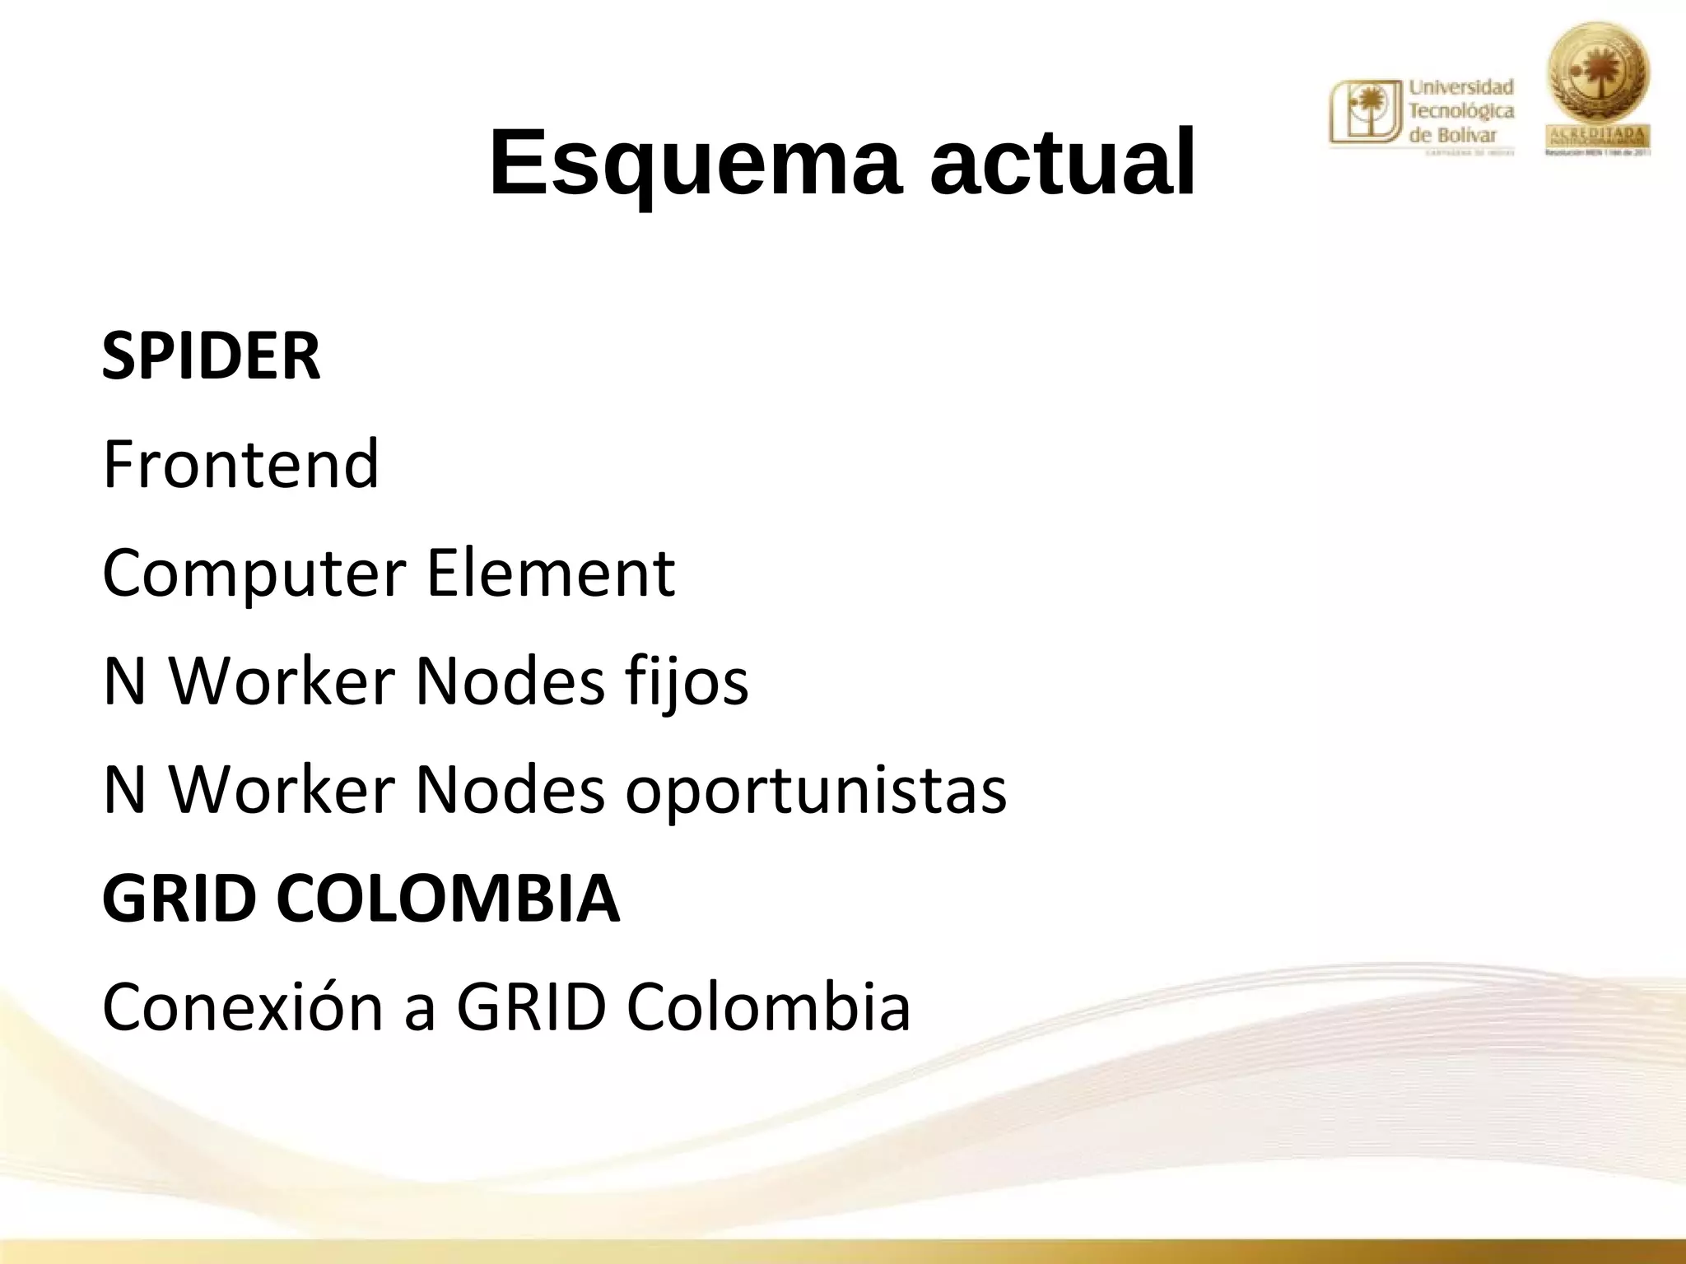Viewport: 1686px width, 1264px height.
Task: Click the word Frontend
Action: click(x=240, y=464)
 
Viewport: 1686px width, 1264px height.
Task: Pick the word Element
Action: click(x=551, y=573)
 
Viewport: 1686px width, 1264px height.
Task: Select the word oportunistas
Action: click(x=816, y=790)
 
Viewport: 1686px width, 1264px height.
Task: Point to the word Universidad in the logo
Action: click(x=1461, y=87)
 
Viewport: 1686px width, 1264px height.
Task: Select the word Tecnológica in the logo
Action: click(x=1461, y=111)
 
